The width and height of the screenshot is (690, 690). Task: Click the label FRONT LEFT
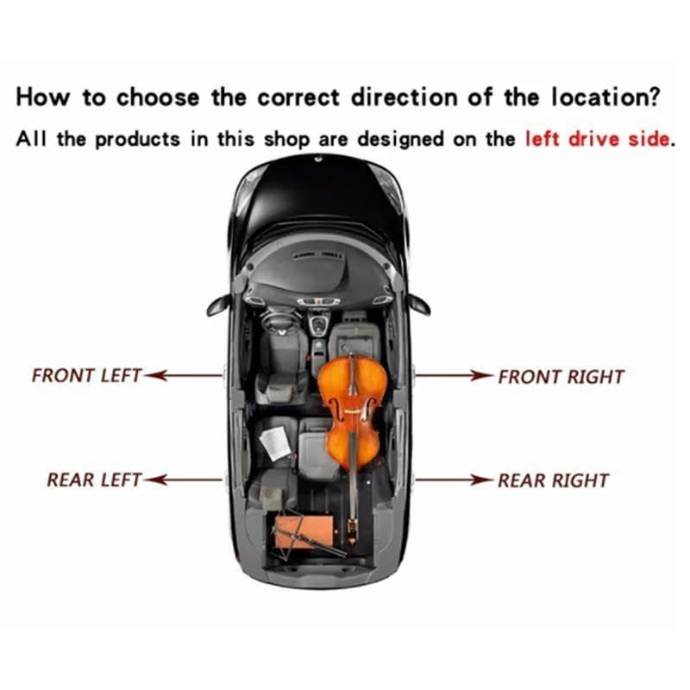coord(86,376)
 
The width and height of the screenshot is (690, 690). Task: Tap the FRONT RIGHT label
coord(561,377)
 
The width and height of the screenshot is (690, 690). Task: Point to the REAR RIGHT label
coord(553,480)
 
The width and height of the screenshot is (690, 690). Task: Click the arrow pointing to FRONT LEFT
coord(185,376)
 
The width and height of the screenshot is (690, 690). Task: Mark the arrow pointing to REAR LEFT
coord(185,479)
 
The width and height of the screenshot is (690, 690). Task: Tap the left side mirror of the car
coord(216,304)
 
